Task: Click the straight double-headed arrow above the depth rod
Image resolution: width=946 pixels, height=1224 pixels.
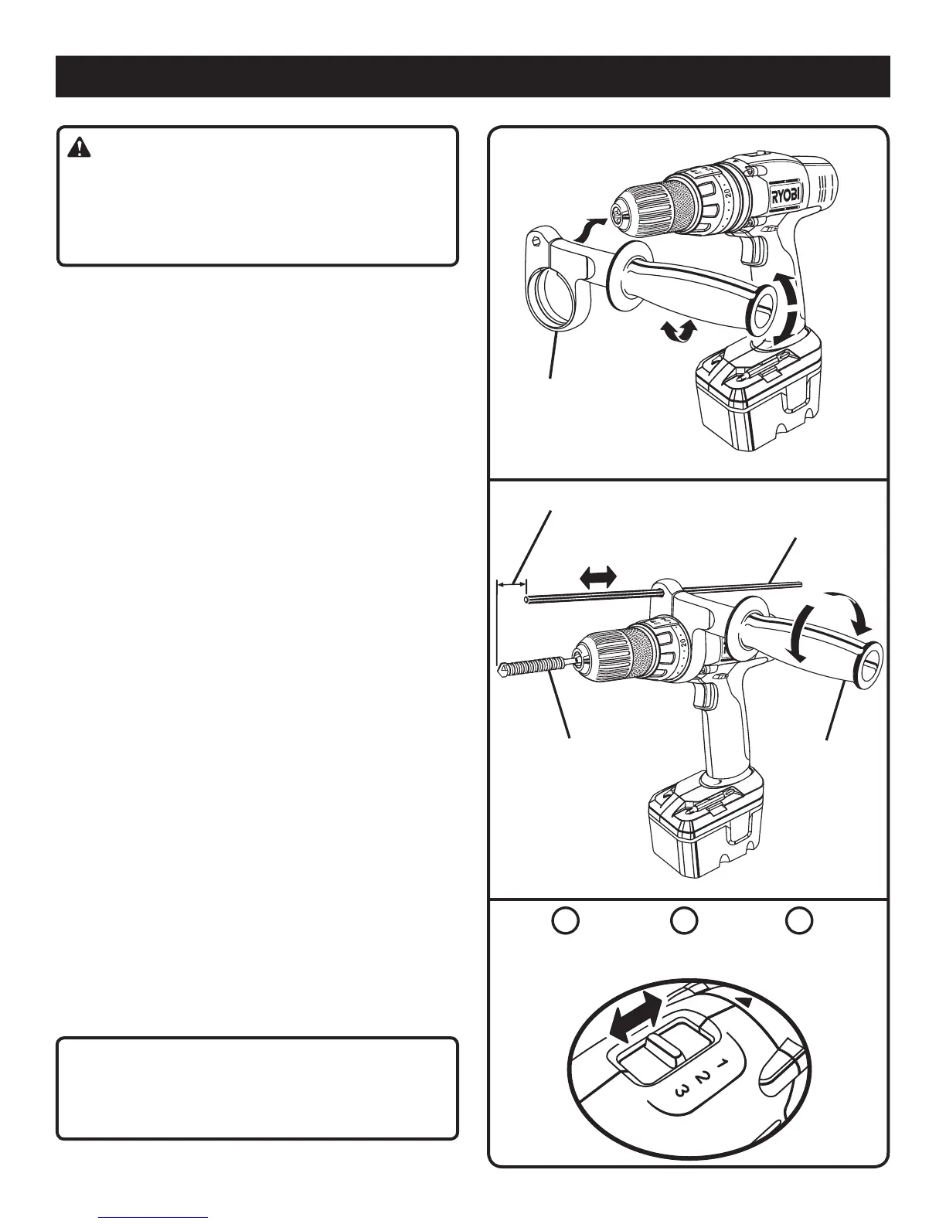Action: click(597, 576)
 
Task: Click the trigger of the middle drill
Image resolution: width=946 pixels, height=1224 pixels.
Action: click(702, 694)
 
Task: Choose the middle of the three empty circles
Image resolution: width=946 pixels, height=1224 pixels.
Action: click(683, 920)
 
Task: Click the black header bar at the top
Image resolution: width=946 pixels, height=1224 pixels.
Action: click(472, 76)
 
